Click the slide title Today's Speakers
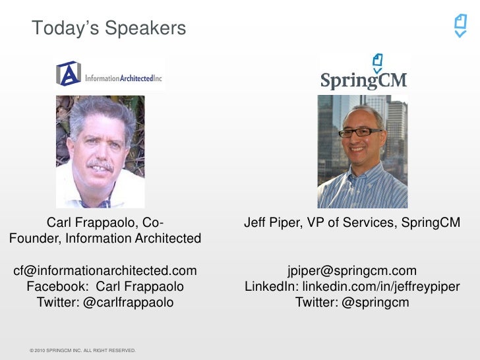pos(109,28)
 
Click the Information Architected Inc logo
pos(109,74)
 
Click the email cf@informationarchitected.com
pos(105,271)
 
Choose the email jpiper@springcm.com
pos(352,271)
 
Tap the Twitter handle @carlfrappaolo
pos(105,303)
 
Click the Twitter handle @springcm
pos(352,303)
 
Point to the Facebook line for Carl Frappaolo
pos(105,287)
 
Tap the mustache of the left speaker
pos(100,164)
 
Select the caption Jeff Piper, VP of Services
pos(351,223)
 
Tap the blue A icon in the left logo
pos(69,74)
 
